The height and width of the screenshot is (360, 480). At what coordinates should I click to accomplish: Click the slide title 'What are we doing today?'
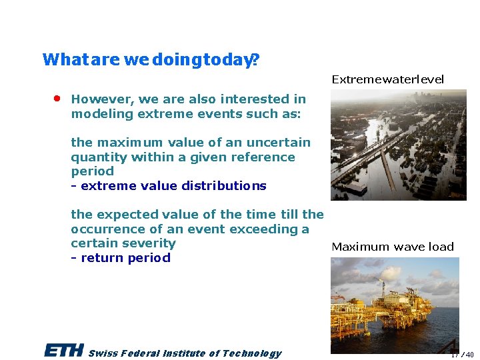151,60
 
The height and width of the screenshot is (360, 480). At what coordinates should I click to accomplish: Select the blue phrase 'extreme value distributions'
173,186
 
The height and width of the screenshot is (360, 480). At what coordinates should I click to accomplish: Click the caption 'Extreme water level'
387,79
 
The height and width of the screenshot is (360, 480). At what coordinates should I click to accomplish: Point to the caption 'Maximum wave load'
392,247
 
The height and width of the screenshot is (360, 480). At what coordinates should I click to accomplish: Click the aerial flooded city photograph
398,145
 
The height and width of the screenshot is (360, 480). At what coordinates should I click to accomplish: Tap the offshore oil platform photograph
395,305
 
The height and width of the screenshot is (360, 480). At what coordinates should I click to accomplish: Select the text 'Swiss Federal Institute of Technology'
185,353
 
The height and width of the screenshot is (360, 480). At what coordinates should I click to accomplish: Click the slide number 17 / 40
461,355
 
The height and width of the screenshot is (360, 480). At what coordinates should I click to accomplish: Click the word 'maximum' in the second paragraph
125,143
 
